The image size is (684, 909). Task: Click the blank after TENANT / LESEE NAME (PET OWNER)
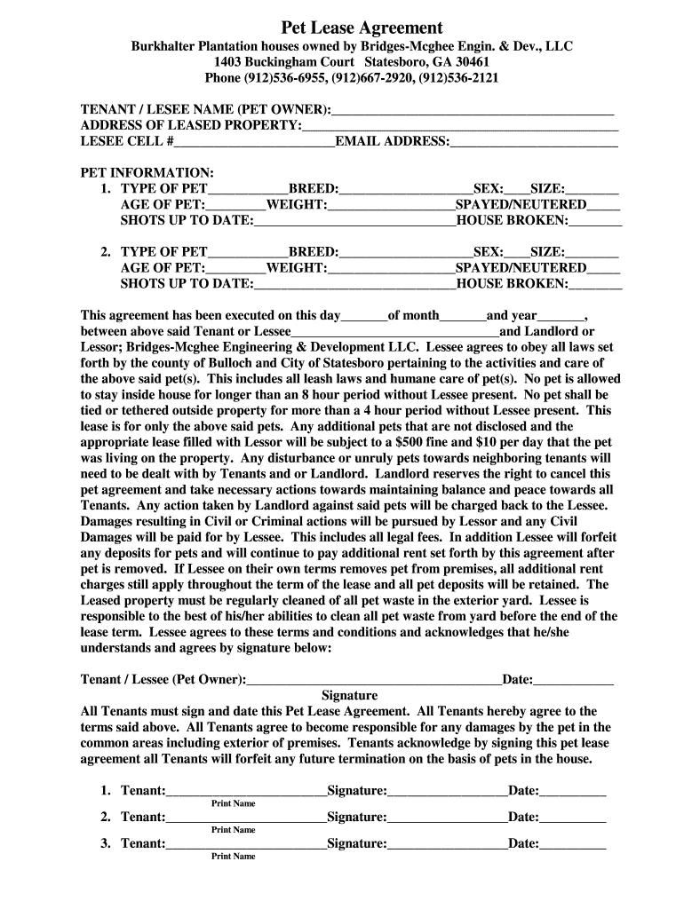click(x=472, y=111)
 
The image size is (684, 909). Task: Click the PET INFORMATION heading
click(x=147, y=172)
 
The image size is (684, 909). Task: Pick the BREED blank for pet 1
click(x=405, y=190)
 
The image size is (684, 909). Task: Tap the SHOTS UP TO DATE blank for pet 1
click(x=354, y=221)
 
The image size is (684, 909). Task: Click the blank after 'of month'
click(x=463, y=316)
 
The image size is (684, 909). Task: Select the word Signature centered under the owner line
click(x=349, y=696)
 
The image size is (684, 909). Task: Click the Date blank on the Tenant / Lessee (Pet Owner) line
click(x=573, y=681)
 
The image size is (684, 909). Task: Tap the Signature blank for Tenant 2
click(x=447, y=818)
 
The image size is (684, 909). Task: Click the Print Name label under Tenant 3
click(x=233, y=857)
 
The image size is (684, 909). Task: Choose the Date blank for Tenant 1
click(x=573, y=791)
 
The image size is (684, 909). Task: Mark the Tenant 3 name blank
click(x=246, y=844)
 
